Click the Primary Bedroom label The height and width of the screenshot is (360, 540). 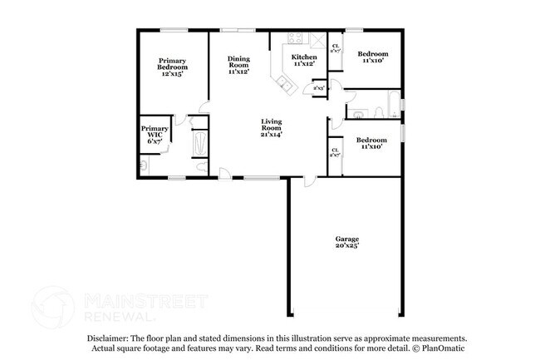click(173, 63)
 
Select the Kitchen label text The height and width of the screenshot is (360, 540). click(304, 57)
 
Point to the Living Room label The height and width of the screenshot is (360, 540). click(271, 123)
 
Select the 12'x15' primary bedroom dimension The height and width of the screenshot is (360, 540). click(173, 73)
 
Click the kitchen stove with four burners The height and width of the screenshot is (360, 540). click(296, 38)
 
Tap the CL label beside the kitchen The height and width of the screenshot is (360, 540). click(336, 47)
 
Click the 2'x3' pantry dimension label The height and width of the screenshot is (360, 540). click(318, 86)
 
